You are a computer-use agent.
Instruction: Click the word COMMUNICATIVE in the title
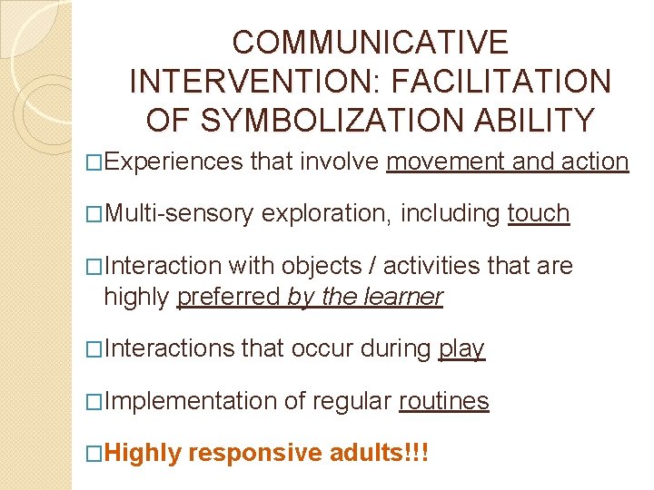pyautogui.click(x=370, y=43)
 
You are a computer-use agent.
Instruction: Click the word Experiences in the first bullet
pyautogui.click(x=175, y=162)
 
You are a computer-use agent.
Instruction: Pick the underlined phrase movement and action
pyautogui.click(x=507, y=162)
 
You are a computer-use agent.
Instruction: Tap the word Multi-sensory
pyautogui.click(x=181, y=214)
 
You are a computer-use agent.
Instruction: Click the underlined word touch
pyautogui.click(x=539, y=214)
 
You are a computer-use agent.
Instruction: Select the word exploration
pyautogui.click(x=328, y=214)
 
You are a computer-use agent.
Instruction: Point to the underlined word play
pyautogui.click(x=461, y=348)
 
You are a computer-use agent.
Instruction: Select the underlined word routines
pyautogui.click(x=444, y=400)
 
